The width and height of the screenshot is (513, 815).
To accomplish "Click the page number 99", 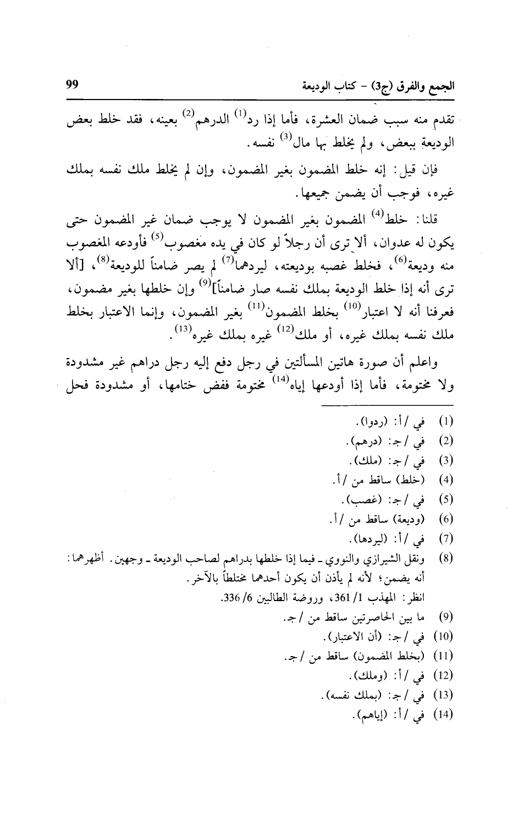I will (x=72, y=86).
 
